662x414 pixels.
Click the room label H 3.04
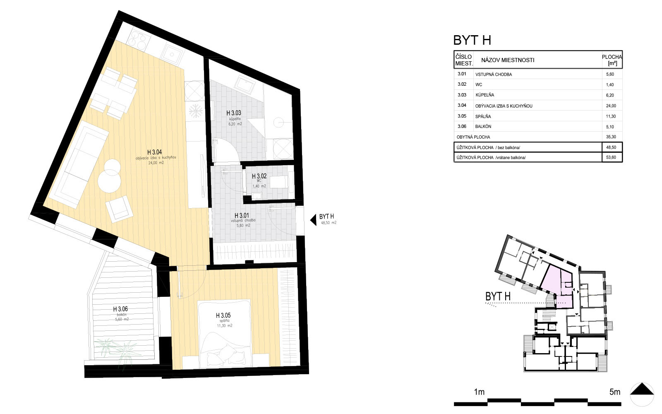[155, 152]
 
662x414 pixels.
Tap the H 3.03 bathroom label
[234, 113]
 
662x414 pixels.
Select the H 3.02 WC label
[259, 176]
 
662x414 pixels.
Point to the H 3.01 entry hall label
[242, 216]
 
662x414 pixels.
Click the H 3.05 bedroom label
[223, 315]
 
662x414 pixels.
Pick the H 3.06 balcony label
[120, 309]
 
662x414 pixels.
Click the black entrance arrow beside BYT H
[313, 220]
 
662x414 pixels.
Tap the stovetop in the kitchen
[139, 41]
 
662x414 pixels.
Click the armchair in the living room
[119, 209]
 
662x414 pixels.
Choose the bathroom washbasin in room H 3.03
[245, 84]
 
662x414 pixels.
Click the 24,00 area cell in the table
[611, 106]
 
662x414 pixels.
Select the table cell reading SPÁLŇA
[483, 116]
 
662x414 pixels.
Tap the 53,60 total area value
[611, 157]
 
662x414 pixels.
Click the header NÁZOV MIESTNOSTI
[508, 60]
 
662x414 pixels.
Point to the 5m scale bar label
[615, 392]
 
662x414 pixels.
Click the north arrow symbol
[642, 390]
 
